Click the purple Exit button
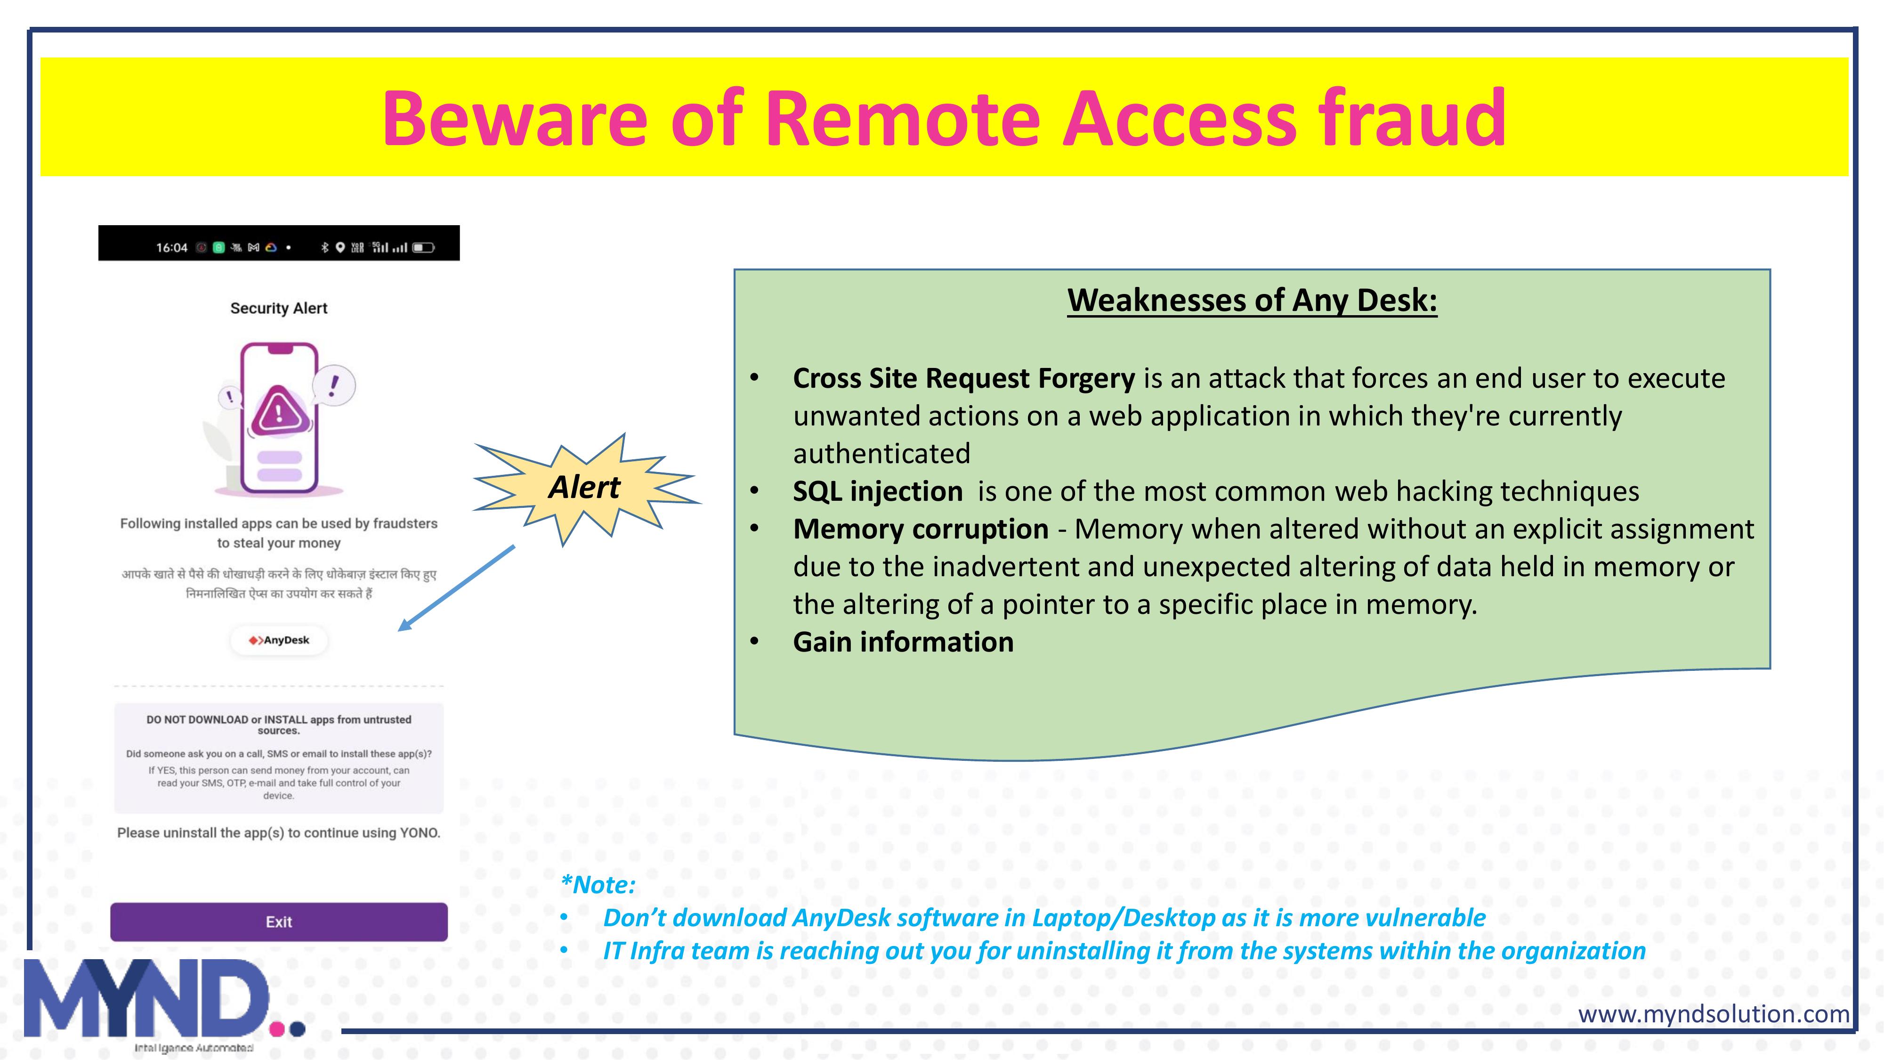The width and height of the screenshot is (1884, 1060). click(x=279, y=922)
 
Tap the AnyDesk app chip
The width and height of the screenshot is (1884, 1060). click(x=279, y=640)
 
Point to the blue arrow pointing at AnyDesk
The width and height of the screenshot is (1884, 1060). click(x=457, y=587)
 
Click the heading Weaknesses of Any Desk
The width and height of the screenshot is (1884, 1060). click(x=1252, y=300)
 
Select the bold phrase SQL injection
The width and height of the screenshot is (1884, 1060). click(x=878, y=491)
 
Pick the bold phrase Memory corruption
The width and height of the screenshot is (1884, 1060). click(x=921, y=529)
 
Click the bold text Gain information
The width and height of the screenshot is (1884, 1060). click(x=903, y=642)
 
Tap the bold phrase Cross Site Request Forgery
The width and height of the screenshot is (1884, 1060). click(x=964, y=378)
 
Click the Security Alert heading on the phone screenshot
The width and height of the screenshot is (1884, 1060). click(x=279, y=308)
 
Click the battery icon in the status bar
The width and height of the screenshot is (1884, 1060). click(x=423, y=247)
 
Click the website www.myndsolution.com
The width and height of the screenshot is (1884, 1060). click(x=1714, y=1014)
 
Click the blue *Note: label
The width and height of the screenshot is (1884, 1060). click(x=598, y=884)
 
